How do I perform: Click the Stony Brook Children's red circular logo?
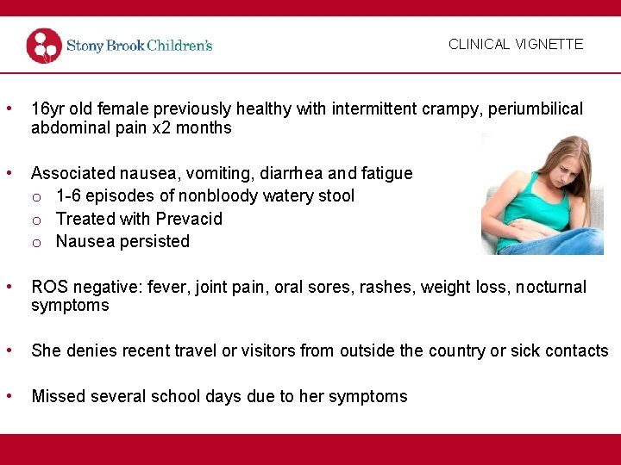44,46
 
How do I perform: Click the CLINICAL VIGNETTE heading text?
516,44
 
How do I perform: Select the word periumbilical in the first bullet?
536,109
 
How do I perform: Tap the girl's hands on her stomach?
527,231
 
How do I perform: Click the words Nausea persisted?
122,242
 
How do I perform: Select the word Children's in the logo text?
179,46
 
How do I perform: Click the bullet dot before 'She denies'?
9,350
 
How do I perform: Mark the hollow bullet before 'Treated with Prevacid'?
37,220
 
